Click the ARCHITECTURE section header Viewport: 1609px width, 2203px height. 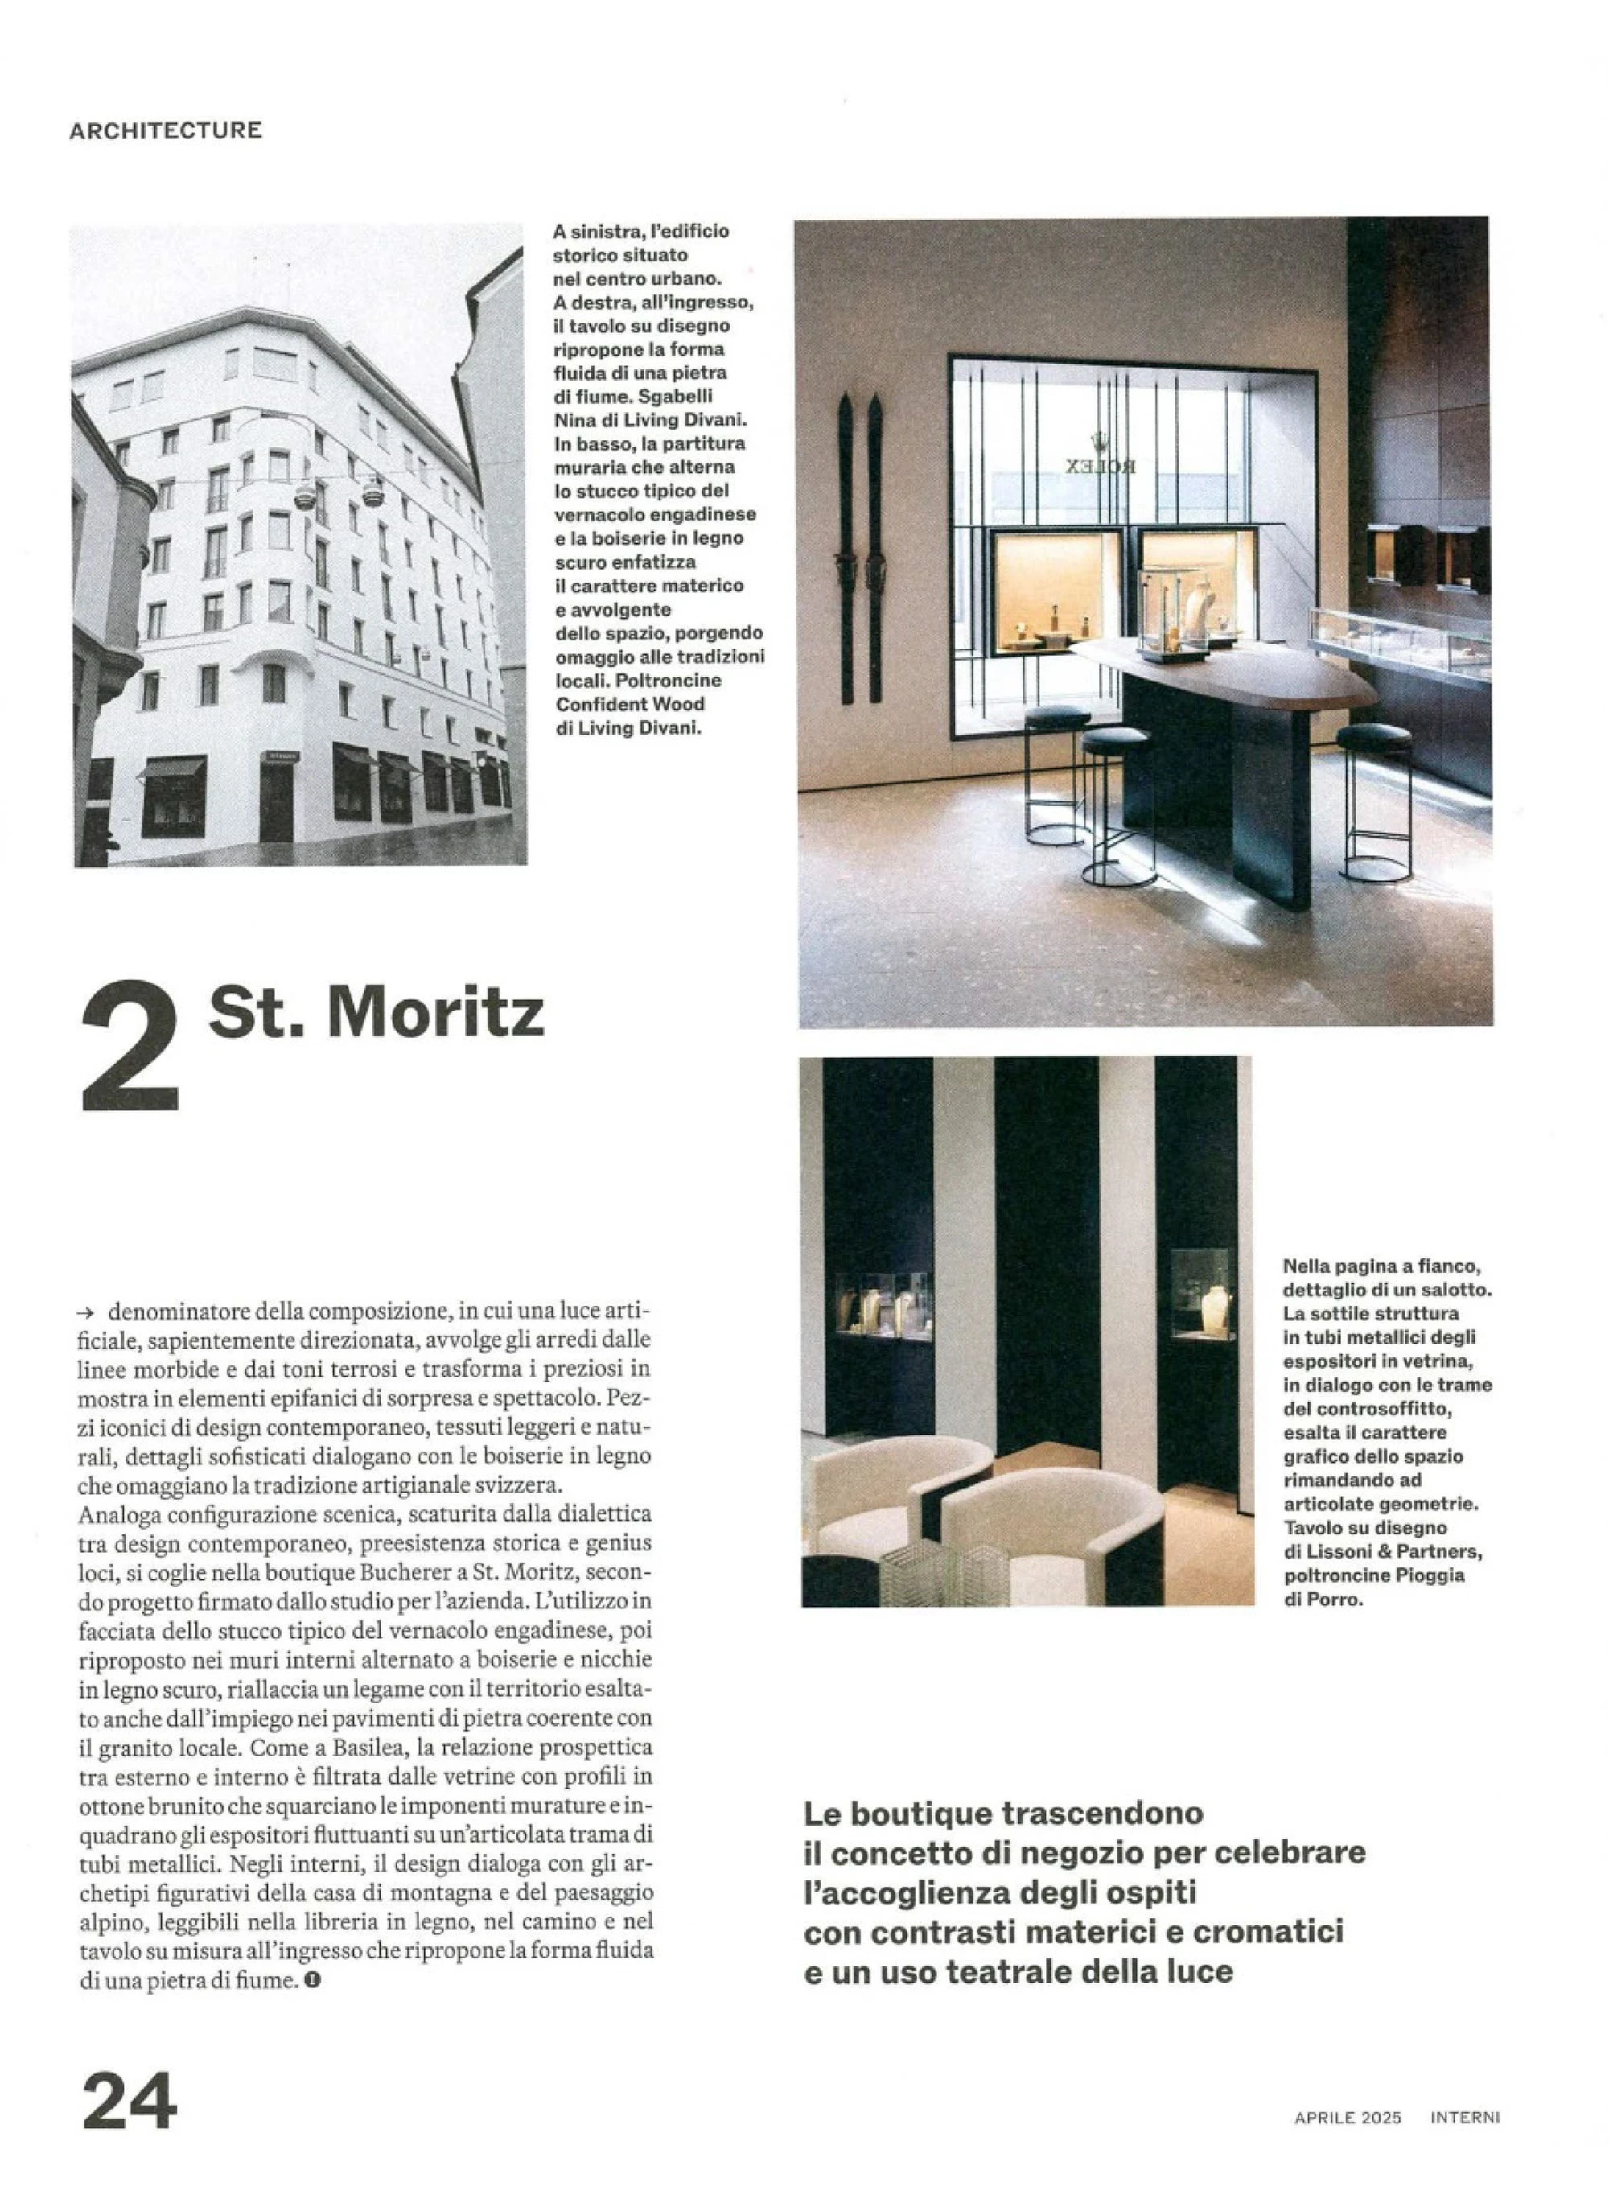coord(166,130)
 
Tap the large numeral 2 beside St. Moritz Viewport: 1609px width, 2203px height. coord(130,1046)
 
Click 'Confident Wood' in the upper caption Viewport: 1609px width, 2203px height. coord(629,704)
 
